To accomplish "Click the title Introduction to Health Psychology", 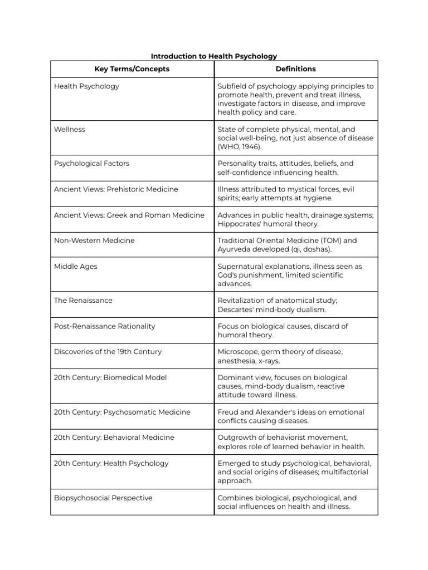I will pyautogui.click(x=214, y=56).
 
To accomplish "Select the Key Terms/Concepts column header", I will pyautogui.click(x=132, y=69).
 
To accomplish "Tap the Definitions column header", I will pyautogui.click(x=295, y=69).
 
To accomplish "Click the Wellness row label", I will pyautogui.click(x=70, y=129).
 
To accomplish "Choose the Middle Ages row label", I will pyautogui.click(x=75, y=267).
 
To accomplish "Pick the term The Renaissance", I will pyautogui.click(x=83, y=301).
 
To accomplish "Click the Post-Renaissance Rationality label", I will pyautogui.click(x=104, y=326).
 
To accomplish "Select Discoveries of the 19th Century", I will pyautogui.click(x=108, y=352).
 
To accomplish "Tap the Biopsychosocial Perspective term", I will pyautogui.click(x=103, y=498).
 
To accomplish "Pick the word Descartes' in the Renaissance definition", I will pyautogui.click(x=236, y=309).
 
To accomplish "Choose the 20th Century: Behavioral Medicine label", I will pyautogui.click(x=114, y=438).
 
